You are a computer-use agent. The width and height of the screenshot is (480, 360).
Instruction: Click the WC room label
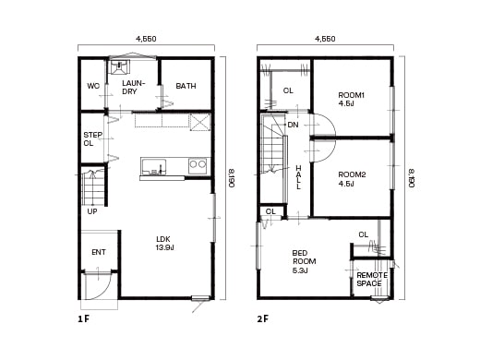pos(93,86)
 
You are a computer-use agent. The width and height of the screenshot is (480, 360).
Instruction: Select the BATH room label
pos(186,86)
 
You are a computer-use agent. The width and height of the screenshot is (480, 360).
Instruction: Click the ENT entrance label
pos(98,252)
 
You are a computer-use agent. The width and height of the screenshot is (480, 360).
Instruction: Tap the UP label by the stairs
pos(92,211)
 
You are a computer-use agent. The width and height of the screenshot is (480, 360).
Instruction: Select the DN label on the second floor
pos(293,125)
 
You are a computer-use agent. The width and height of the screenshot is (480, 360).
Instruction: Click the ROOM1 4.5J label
pos(351,99)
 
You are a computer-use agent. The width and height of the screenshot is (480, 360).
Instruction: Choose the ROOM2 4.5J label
pos(351,178)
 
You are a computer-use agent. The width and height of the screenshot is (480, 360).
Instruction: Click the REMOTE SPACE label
pos(370,279)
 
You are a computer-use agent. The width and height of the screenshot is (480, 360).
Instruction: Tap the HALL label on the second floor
pos(298,175)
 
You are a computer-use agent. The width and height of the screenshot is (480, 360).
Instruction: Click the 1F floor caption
pos(84,318)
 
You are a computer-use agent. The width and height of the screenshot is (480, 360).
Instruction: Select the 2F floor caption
pos(263,318)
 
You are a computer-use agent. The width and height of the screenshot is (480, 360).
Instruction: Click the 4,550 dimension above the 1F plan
pos(145,40)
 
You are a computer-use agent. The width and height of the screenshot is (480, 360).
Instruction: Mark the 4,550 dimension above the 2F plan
pos(325,40)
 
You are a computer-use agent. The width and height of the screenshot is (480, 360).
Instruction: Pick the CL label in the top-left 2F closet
pos(287,90)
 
